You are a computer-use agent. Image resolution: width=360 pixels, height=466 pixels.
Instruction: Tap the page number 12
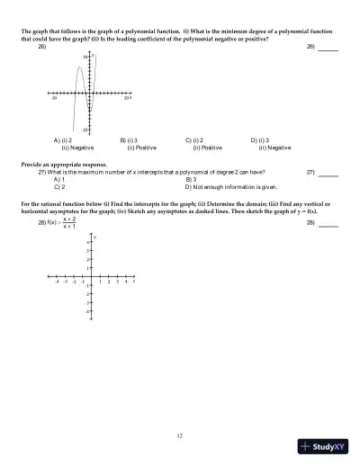point(180,410)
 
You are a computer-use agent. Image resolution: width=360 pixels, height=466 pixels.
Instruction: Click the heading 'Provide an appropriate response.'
point(63,165)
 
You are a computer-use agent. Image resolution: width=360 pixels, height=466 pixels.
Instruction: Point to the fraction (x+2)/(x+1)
point(68,222)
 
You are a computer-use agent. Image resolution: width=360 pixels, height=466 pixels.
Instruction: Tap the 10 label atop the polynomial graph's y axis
point(84,58)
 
